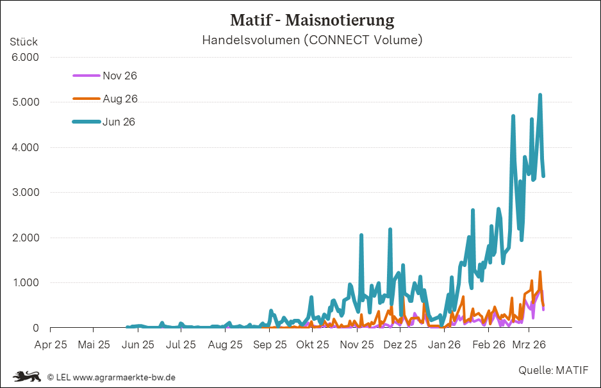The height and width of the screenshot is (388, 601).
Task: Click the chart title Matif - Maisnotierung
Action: tap(311, 20)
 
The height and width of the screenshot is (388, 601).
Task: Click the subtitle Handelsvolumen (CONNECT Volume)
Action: tap(312, 40)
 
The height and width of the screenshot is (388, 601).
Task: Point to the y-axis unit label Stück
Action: tap(24, 42)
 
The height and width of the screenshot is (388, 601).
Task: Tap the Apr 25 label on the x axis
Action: tap(51, 344)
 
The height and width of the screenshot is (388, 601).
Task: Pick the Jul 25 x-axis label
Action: tap(181, 344)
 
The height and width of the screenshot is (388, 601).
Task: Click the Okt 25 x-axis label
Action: tap(313, 344)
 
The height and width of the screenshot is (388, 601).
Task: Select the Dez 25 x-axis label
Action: tap(400, 344)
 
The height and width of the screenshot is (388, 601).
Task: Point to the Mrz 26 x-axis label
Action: tap(529, 344)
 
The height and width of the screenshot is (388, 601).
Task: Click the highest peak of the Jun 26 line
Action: tap(540, 95)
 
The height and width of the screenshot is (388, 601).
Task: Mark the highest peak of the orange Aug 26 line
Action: tap(540, 272)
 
